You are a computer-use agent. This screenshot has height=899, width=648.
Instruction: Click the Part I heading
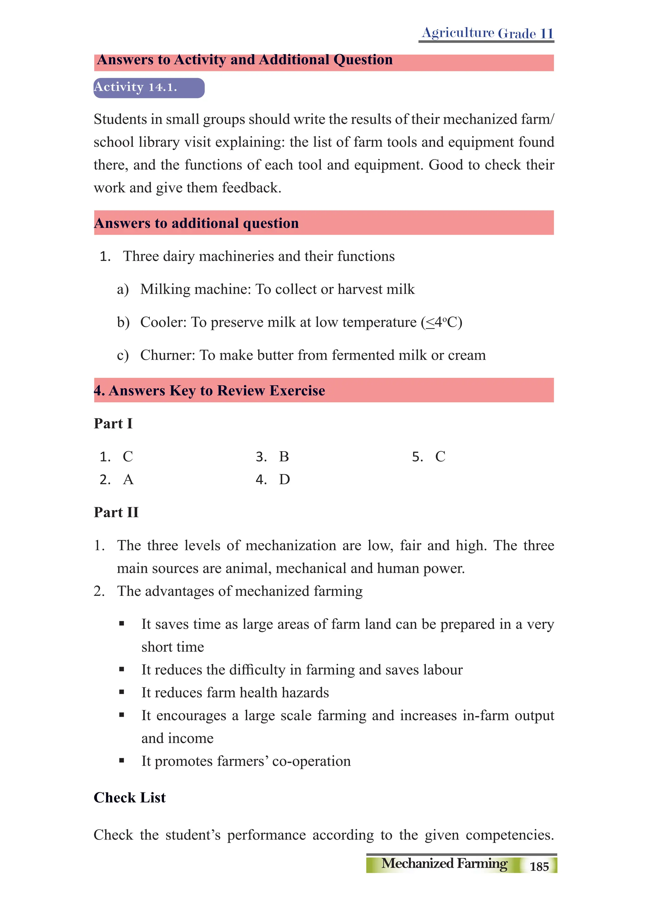[113, 423]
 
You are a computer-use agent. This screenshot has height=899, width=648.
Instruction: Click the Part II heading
[116, 512]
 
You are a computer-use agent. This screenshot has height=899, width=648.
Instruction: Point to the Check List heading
[130, 797]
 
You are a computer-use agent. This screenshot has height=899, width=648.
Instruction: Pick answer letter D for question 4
[284, 480]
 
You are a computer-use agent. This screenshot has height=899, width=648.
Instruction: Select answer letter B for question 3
[284, 457]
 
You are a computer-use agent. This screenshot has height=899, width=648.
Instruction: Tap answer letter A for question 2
[128, 480]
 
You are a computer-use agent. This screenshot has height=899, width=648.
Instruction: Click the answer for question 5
[440, 457]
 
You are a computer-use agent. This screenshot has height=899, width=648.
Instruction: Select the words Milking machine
[196, 289]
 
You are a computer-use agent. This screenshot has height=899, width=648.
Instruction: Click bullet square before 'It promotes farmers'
[122, 761]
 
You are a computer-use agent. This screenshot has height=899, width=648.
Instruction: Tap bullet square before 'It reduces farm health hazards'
[122, 692]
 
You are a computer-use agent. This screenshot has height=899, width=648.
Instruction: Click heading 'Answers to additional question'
[196, 223]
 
